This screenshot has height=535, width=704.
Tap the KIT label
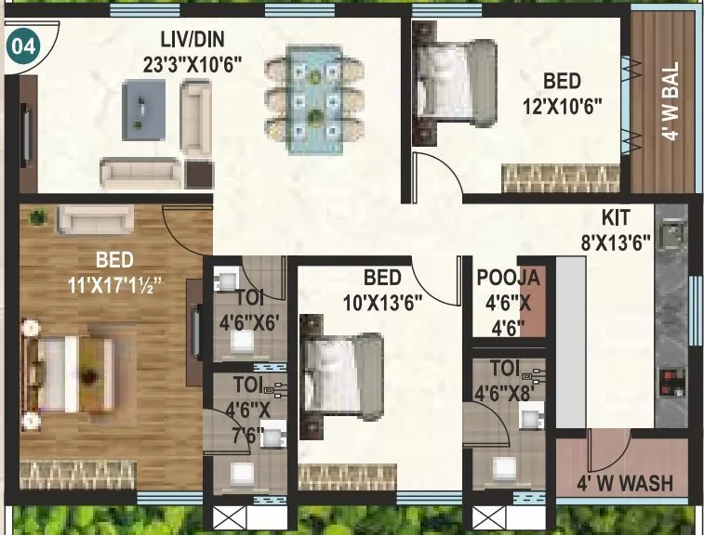click(x=616, y=218)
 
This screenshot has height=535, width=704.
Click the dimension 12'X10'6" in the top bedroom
click(x=563, y=106)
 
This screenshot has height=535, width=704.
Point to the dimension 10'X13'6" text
click(x=381, y=300)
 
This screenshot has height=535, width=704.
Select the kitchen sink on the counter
click(x=671, y=229)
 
